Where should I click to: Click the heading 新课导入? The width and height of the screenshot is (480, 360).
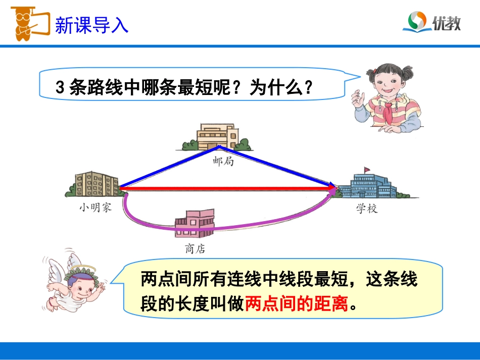pos(91,25)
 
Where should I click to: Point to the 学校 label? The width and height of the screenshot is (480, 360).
pos(366,209)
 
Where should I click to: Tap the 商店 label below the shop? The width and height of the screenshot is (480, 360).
pos(196,248)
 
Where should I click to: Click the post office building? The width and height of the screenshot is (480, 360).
pos(218,136)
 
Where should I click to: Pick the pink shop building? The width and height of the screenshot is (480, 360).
pos(195,225)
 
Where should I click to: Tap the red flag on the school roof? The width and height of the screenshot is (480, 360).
pos(367,168)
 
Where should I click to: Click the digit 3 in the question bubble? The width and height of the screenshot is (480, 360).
pos(59,89)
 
